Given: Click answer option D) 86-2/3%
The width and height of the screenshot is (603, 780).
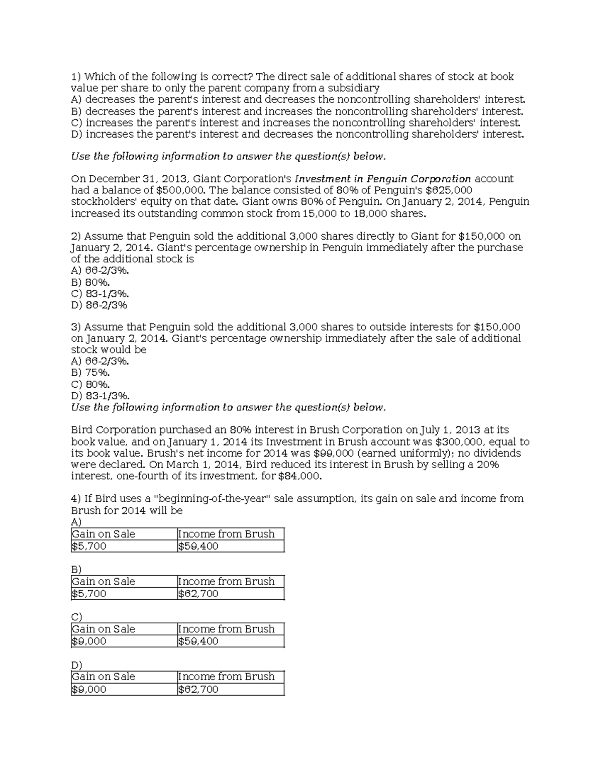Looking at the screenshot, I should [99, 305].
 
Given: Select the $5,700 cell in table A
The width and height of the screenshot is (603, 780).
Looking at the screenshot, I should [89, 546].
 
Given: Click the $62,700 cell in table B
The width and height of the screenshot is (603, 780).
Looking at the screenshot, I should [198, 594].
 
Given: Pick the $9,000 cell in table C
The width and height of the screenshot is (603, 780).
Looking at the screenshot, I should [89, 641].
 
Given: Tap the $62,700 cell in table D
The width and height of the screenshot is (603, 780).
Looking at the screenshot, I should [198, 689].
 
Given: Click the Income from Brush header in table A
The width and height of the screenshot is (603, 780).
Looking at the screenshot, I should [226, 534].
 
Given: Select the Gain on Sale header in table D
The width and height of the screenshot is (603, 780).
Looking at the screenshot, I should [104, 677].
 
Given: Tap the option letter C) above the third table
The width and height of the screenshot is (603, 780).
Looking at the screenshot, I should [76, 617].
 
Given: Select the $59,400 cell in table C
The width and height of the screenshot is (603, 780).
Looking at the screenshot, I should [198, 641].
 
